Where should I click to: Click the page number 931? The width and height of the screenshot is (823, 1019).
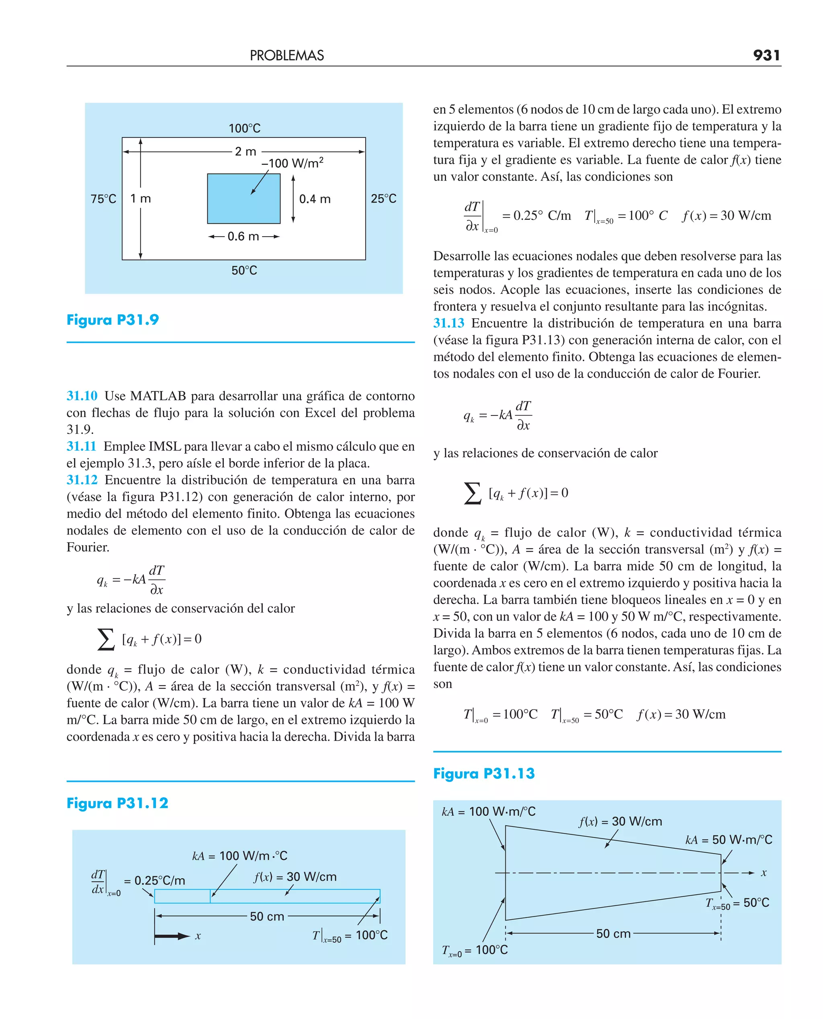pos(766,55)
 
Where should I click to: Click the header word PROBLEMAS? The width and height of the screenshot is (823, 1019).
pos(287,56)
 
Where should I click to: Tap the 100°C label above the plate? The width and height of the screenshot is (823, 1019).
pos(245,129)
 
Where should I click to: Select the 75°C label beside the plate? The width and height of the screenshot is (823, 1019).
pos(103,198)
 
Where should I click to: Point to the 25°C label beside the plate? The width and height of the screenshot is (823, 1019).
pos(383,198)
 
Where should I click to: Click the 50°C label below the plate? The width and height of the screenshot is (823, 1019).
pos(244,270)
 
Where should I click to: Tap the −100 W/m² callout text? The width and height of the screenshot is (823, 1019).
pos(293,163)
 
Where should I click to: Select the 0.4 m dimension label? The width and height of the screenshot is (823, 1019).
pos(315,198)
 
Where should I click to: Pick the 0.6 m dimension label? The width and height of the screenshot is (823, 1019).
pos(243,236)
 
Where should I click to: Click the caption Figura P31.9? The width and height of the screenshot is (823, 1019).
pos(113,320)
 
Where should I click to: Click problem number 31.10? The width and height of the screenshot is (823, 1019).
pos(82,396)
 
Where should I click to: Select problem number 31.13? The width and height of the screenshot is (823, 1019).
pos(448,323)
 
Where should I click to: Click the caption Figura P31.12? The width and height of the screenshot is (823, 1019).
pos(118,803)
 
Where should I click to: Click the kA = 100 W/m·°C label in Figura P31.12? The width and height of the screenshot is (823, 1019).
pos(240,855)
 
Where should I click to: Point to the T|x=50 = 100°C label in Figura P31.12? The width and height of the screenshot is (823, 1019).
pos(350,935)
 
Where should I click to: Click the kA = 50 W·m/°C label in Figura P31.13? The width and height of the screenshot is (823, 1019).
pos(729,840)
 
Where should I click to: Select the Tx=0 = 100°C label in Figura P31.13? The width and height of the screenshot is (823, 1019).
pos(475,950)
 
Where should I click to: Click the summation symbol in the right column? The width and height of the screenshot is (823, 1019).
pos(472,493)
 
